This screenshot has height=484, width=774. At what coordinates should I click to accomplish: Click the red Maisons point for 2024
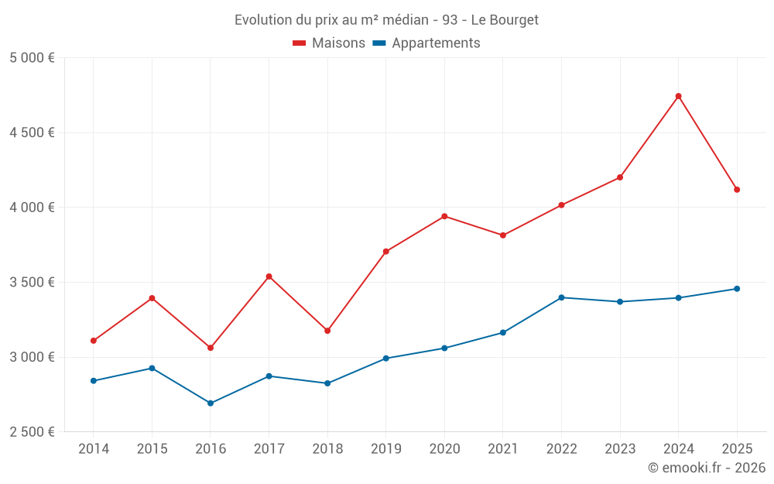[x=679, y=96]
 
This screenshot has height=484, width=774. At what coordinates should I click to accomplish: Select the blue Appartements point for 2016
[x=211, y=403]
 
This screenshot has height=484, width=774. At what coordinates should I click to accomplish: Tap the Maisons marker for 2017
[x=269, y=276]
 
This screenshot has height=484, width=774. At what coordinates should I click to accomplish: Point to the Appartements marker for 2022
[x=561, y=297]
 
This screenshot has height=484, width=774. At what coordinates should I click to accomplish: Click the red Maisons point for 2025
[x=737, y=190]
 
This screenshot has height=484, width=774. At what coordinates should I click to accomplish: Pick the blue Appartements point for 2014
[x=94, y=381]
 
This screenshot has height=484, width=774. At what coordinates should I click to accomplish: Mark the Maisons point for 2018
[x=327, y=331]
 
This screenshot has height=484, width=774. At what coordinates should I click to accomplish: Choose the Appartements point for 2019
[x=385, y=359]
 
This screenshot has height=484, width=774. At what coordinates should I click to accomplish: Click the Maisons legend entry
[x=329, y=43]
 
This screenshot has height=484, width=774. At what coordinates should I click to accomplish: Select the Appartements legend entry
[x=426, y=43]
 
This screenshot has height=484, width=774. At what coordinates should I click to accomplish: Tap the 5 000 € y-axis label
[x=32, y=58]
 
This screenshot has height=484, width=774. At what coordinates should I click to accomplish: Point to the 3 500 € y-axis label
[x=32, y=282]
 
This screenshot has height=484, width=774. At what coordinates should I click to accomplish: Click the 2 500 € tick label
[x=32, y=432]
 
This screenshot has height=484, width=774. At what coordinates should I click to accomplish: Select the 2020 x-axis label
[x=444, y=449]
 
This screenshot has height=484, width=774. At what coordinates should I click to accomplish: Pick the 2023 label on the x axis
[x=620, y=449]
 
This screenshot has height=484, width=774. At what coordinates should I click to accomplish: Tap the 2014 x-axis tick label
[x=94, y=449]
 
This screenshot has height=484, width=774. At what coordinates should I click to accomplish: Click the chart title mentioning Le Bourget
[x=386, y=19]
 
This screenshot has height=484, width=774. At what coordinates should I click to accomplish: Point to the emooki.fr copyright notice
[x=706, y=468]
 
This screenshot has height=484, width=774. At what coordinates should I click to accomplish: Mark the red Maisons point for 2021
[x=503, y=235]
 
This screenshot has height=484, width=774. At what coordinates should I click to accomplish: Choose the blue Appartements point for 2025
[x=737, y=289]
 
